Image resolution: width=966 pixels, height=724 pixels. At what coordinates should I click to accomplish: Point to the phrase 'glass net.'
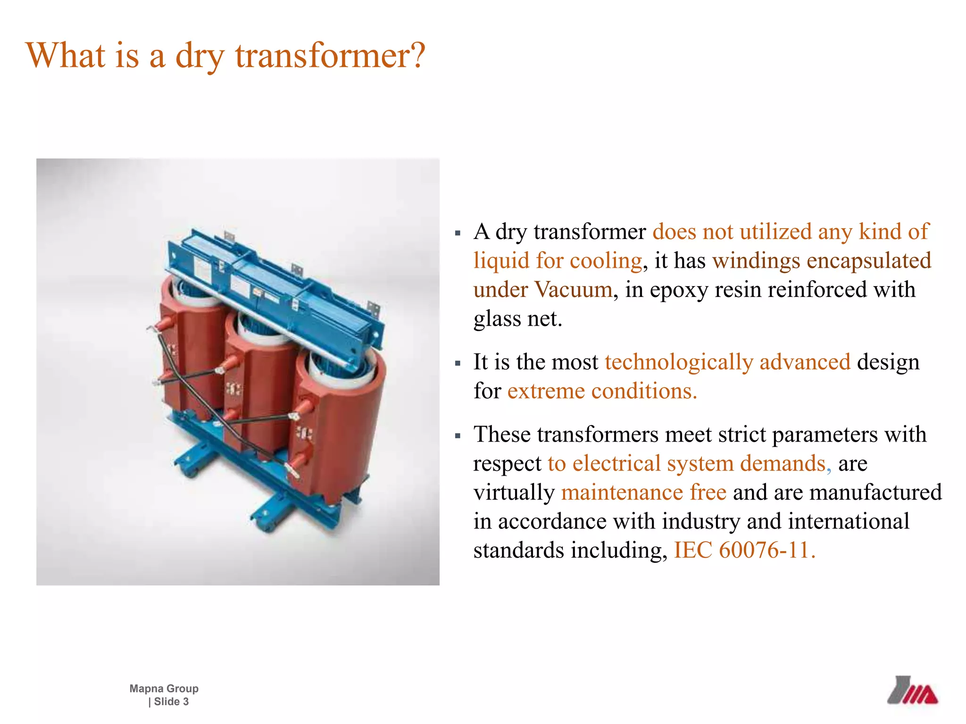tap(517, 319)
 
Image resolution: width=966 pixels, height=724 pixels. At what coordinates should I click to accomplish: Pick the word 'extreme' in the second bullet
tap(546, 391)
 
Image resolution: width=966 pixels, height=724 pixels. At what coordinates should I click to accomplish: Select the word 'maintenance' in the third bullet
tap(622, 493)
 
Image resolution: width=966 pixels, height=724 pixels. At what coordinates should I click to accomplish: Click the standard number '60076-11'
tap(764, 550)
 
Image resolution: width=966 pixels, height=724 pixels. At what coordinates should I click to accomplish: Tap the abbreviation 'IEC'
tap(692, 550)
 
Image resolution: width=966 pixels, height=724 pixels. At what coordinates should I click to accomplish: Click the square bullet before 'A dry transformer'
tap(458, 233)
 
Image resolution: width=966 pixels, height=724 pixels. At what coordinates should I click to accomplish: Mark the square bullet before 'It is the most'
tap(458, 363)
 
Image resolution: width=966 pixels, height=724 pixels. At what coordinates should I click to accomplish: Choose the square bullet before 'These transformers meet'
tap(458, 436)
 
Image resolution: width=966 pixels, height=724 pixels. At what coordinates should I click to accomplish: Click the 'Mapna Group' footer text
tap(164, 689)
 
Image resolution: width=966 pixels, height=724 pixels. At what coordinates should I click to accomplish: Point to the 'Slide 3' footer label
tap(171, 702)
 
